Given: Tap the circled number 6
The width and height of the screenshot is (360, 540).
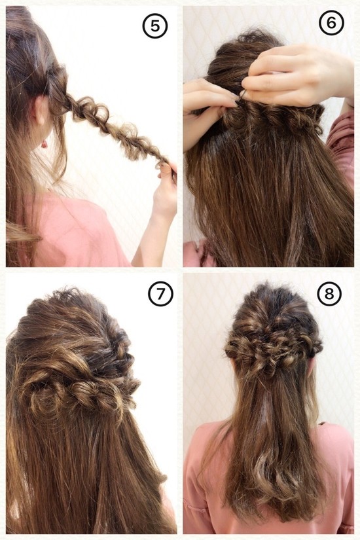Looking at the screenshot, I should pos(331,23).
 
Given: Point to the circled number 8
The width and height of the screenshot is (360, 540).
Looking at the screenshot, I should pos(329,295).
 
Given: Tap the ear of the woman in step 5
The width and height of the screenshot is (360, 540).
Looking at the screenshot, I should pos(41,118).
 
